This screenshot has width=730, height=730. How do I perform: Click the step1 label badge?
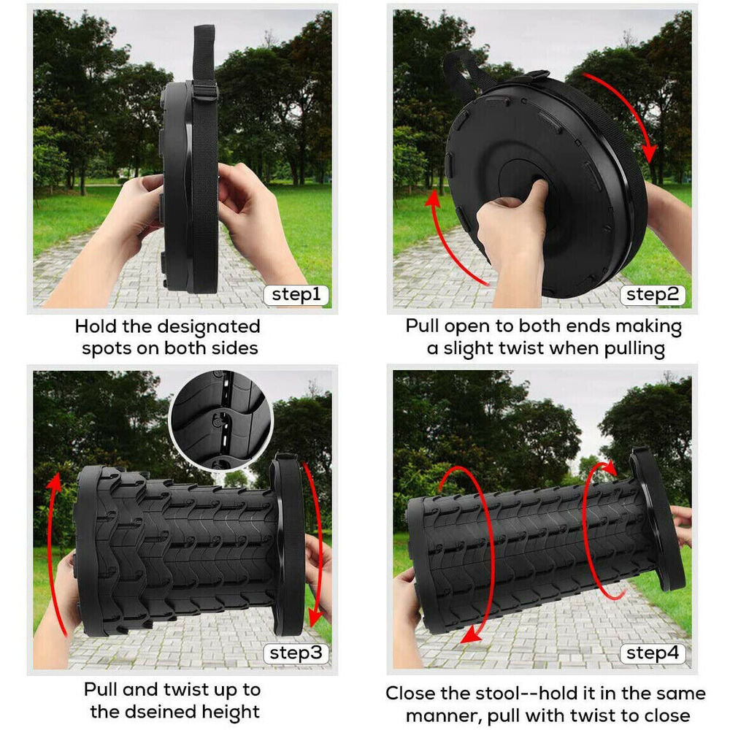pos(296,295)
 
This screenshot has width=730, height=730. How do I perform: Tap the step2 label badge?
pos(653,295)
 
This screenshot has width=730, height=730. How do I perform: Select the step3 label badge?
pos(296,653)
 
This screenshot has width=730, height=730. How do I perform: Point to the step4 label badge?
pos(653,653)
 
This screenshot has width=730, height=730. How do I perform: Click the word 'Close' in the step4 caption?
pos(414,693)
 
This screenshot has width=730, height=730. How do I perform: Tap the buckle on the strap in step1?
pos(205,91)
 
